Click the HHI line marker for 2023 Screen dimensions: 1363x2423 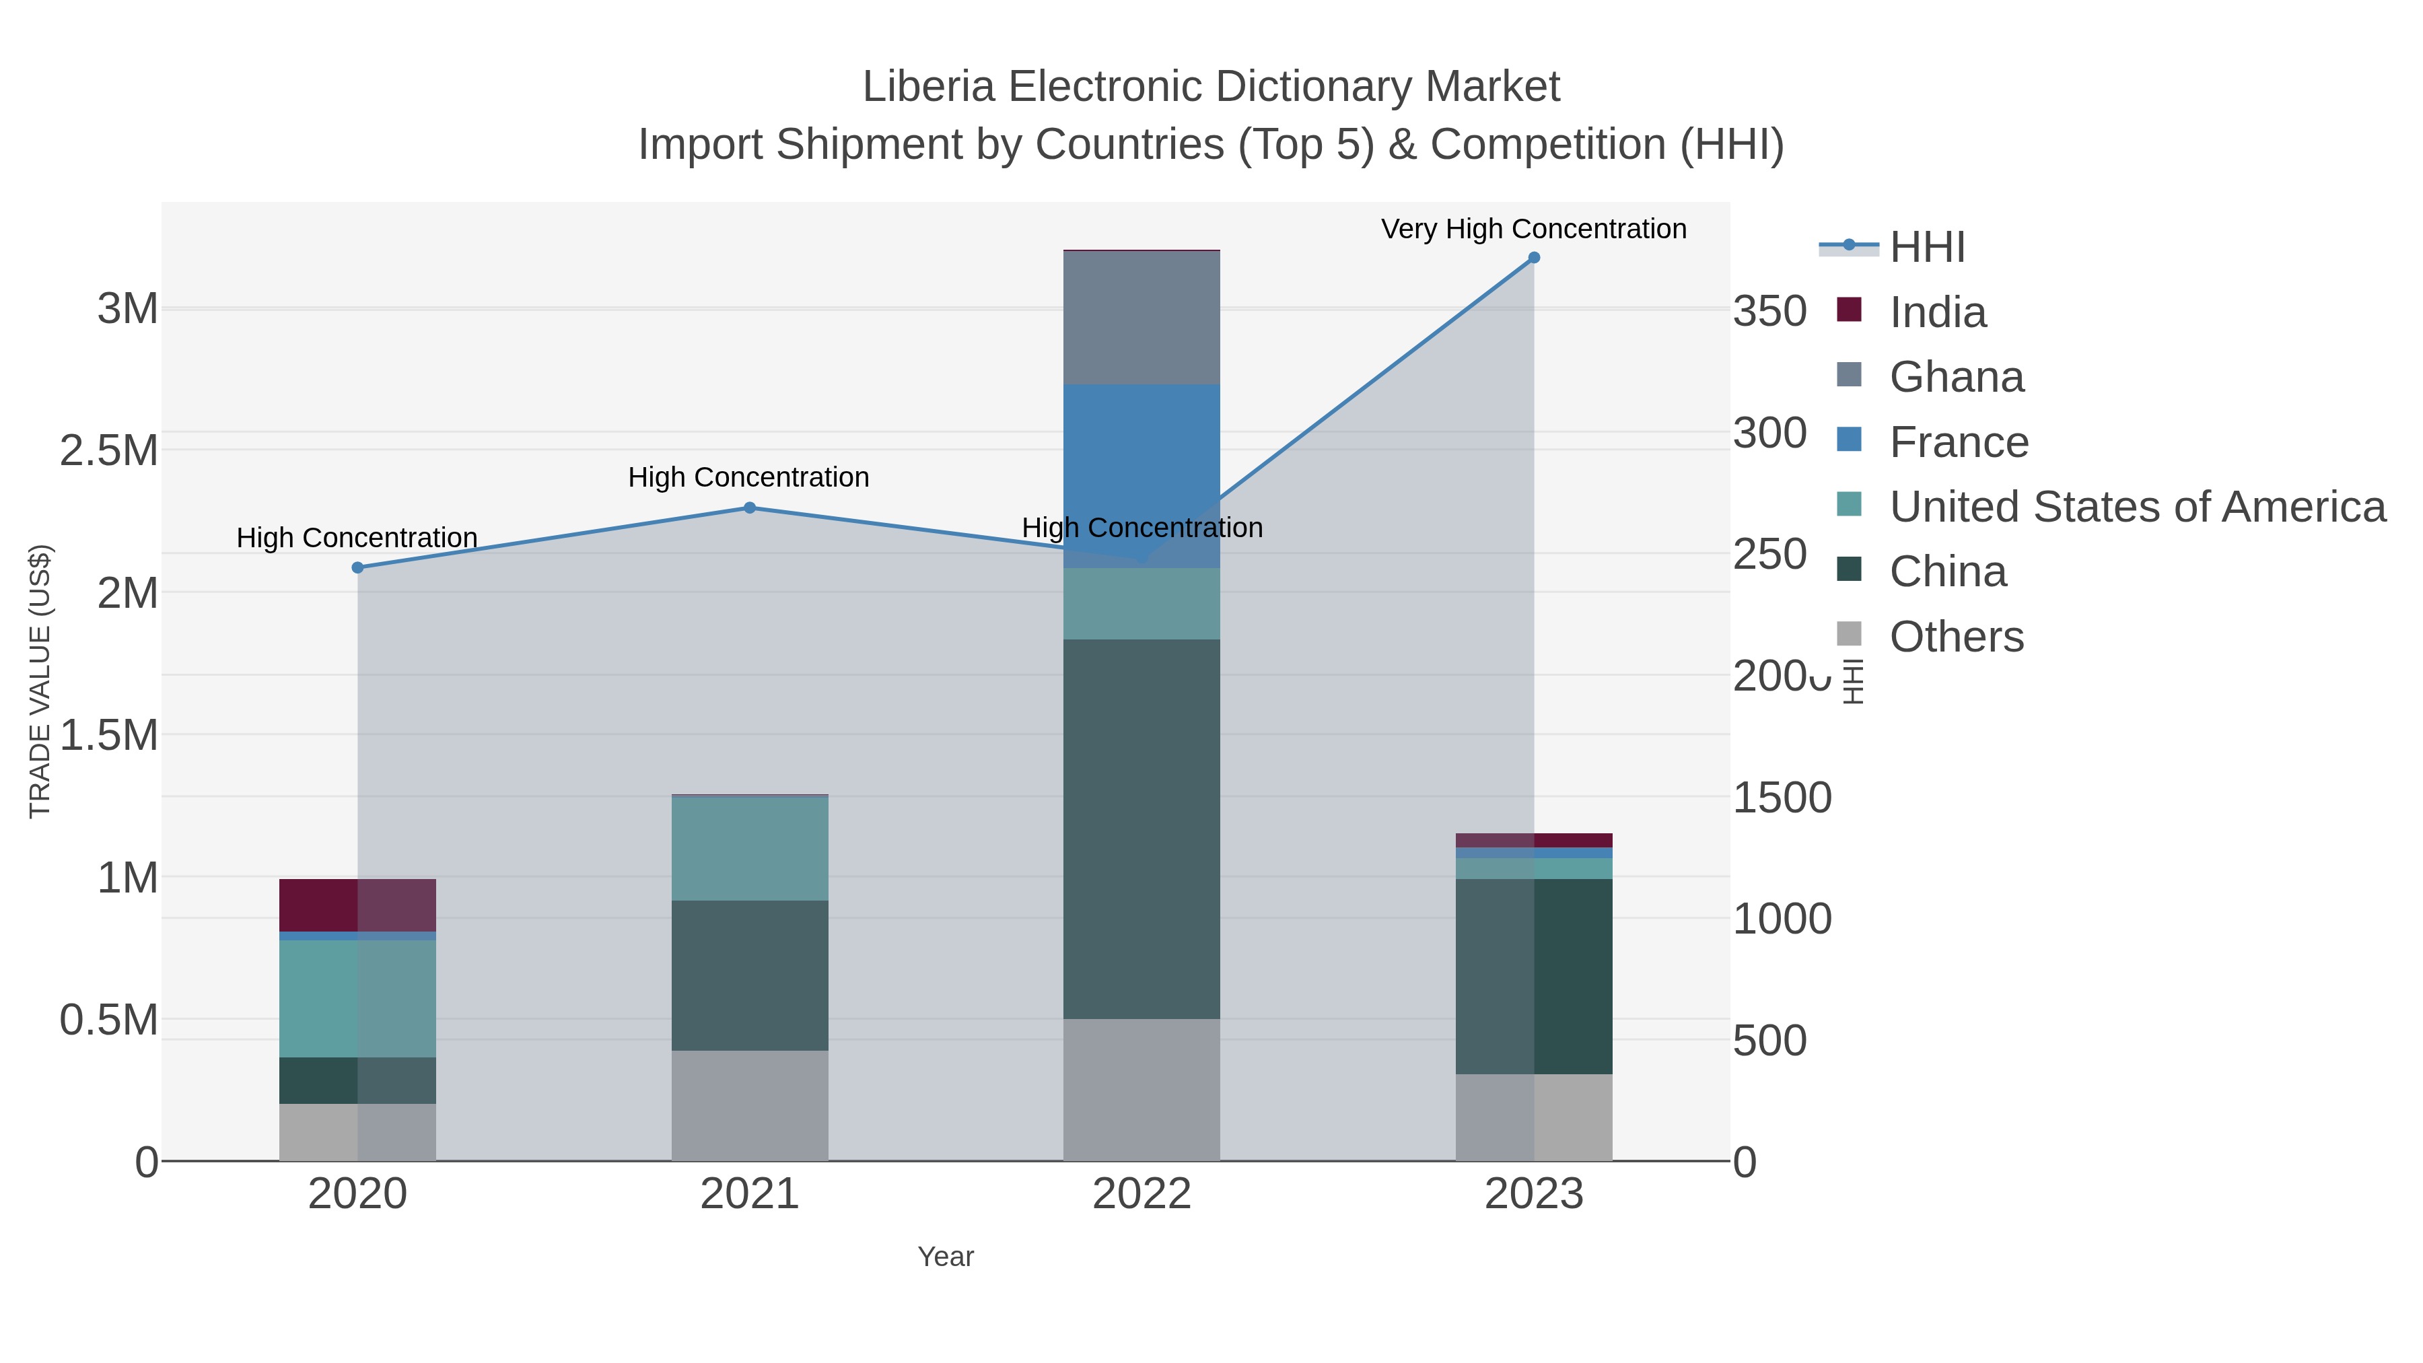pos(1534,258)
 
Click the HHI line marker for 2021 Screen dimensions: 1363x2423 pos(750,508)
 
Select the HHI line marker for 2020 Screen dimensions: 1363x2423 pos(357,568)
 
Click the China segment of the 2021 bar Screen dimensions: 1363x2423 pos(750,975)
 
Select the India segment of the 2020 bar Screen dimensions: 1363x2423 pos(357,905)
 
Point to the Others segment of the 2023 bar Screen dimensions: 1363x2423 pos(1534,1117)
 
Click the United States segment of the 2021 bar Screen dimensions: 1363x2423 pos(750,849)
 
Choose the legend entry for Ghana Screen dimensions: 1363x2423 pos(1957,377)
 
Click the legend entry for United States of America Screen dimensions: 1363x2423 pos(2137,507)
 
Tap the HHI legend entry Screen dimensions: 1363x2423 pos(1926,248)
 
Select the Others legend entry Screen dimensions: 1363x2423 pos(1957,637)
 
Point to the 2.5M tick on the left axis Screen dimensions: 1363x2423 pos(108,450)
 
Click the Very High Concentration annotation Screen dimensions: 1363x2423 pos(1533,229)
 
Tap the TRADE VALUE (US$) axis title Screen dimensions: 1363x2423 pos(40,681)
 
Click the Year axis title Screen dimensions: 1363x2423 pos(946,1257)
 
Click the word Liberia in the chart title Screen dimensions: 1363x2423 pos(927,87)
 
